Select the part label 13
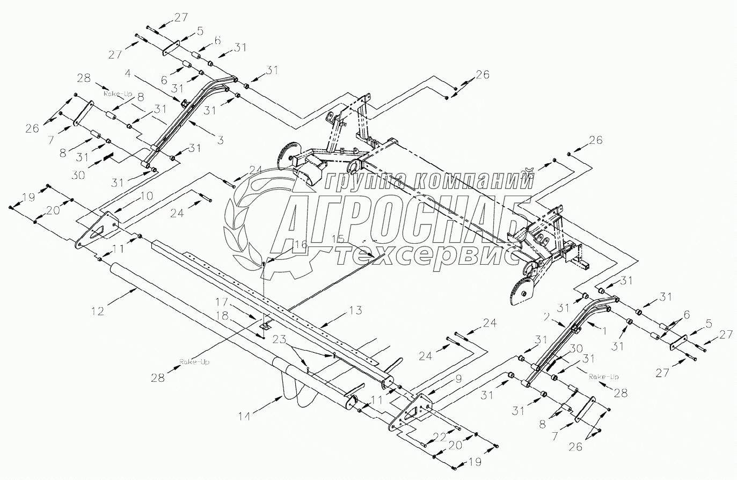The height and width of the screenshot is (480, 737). point(355,310)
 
